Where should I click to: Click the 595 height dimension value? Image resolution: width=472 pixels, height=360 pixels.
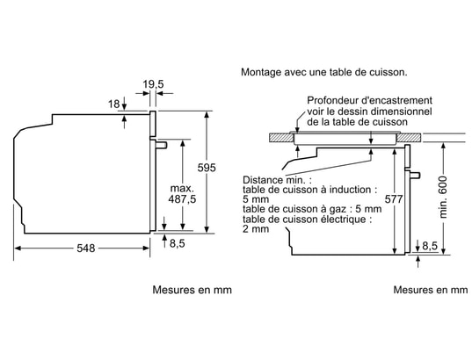tap(207, 168)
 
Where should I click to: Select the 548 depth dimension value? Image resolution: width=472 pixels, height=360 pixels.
tap(86, 248)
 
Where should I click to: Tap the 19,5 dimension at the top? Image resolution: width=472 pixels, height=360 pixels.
tap(153, 84)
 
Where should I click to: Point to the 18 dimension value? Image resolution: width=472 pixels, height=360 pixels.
tap(113, 104)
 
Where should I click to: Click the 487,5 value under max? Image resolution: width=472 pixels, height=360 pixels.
tap(182, 199)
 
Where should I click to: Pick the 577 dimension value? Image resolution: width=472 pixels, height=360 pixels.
tap(394, 199)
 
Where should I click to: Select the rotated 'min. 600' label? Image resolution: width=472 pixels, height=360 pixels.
tap(443, 198)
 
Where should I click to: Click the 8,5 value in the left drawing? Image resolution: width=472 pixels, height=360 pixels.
tap(178, 243)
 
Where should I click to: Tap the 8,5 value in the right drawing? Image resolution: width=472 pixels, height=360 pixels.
tap(430, 246)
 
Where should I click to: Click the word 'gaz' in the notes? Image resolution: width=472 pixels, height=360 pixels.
tap(339, 209)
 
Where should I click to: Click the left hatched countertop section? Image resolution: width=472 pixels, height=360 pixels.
tap(281, 138)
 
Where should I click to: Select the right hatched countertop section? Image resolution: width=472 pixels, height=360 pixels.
tap(409, 138)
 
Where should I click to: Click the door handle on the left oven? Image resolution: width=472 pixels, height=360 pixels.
tap(161, 145)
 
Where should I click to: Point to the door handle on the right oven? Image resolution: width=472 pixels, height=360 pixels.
tap(415, 175)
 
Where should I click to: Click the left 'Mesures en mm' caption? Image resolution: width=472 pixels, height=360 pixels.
tap(192, 290)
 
